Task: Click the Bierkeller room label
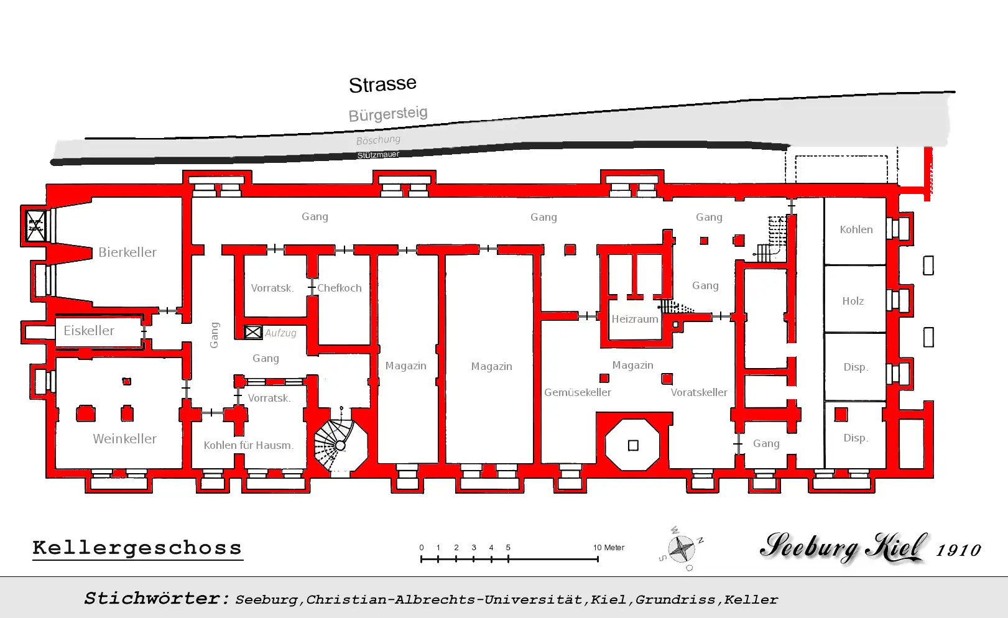pos(127,252)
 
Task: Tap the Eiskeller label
pos(89,331)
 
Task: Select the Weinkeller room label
pos(124,439)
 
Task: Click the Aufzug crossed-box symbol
pos(253,333)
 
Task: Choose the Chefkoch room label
pos(339,288)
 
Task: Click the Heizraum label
pos(634,319)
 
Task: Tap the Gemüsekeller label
pos(577,392)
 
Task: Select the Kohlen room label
pos(856,229)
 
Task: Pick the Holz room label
pos(853,301)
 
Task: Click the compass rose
pos(682,548)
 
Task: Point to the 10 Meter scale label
pos(608,548)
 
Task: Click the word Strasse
pos(382,85)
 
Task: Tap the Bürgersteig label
pos(388,114)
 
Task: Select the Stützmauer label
pos(378,155)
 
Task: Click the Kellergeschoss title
pos(137,548)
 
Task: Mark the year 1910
pos(958,550)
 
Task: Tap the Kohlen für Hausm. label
pos(248,445)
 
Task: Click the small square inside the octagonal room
pos(633,445)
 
